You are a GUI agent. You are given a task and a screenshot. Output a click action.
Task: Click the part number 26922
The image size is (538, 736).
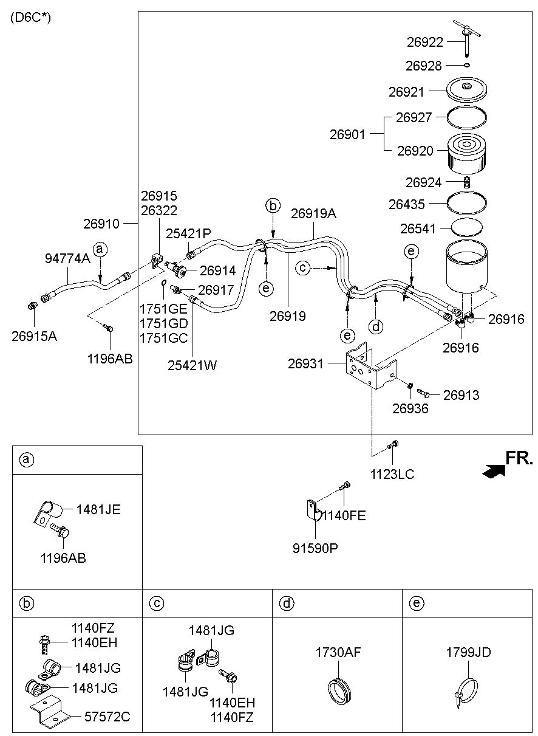pos(425,42)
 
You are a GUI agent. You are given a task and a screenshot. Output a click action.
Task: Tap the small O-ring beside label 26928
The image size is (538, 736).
pos(467,65)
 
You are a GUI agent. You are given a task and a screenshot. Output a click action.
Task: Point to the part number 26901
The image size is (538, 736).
pos(347,134)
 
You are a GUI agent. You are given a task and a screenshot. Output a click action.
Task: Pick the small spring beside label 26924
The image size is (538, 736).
pos(466,182)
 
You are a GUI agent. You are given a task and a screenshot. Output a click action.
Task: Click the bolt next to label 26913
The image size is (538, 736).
pos(423,393)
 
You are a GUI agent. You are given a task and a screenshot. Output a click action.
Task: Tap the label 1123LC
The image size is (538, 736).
pos(392,474)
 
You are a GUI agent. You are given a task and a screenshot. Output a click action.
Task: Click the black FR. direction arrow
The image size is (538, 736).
pos(494,472)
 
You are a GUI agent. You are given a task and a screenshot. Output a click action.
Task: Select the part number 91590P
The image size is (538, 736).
pos(315,548)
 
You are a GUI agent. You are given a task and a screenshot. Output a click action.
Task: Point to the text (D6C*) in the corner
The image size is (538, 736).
pos(31,18)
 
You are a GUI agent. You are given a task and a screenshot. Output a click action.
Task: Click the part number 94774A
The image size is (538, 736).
pos(67,258)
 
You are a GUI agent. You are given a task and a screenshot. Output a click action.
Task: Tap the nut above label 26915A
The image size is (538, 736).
pos(32,306)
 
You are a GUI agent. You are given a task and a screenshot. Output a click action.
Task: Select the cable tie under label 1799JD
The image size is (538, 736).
pos(466,692)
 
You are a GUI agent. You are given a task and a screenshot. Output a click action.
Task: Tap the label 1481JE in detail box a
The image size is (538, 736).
pos(98,510)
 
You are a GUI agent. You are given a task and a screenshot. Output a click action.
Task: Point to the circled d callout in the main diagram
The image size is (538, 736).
pos(376,327)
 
